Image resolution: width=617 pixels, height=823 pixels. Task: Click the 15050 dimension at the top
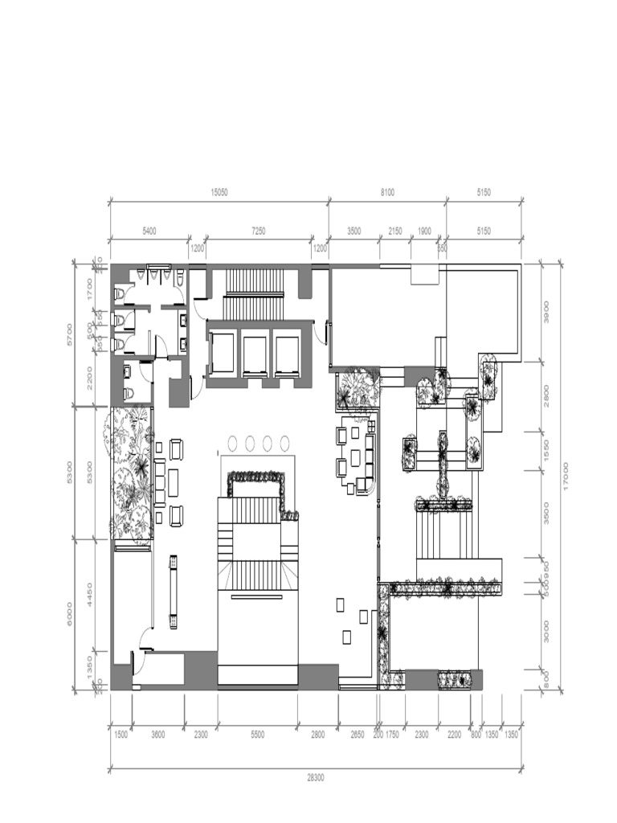click(219, 193)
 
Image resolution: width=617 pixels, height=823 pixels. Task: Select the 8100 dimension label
click(387, 193)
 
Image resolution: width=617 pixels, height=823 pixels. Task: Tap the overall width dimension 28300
click(315, 778)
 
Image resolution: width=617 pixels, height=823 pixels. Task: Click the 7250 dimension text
click(259, 231)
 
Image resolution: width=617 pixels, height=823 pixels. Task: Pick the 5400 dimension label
click(149, 231)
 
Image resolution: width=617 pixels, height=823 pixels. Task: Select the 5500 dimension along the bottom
click(257, 735)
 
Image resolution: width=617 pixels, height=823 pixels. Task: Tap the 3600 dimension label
click(158, 735)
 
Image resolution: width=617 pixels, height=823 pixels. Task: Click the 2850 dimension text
click(357, 735)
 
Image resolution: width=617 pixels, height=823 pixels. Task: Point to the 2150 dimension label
click(395, 231)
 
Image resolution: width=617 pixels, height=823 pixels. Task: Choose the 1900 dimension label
click(424, 231)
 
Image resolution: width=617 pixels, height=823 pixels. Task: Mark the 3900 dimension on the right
click(547, 317)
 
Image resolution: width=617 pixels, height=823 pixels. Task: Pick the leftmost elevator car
click(221, 354)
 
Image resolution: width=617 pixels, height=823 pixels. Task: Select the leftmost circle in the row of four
click(233, 442)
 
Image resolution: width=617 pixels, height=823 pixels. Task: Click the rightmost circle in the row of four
click(284, 442)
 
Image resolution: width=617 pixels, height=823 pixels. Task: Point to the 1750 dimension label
click(392, 735)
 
